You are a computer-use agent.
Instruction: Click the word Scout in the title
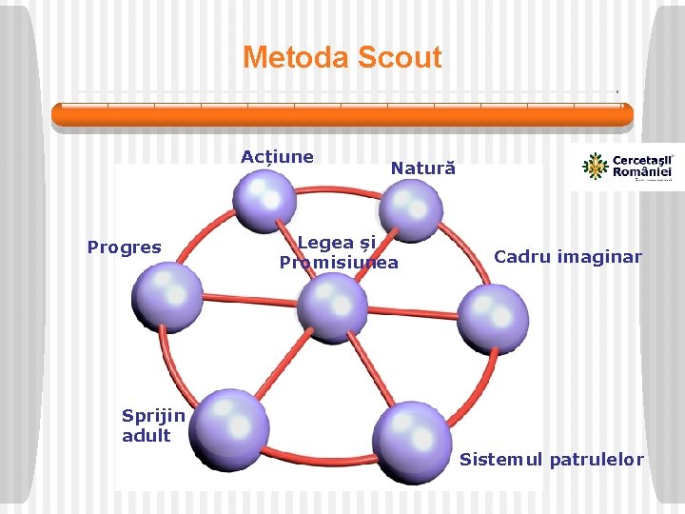point(400,57)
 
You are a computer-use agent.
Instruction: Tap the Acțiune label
point(277,157)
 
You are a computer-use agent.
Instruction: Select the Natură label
point(423,169)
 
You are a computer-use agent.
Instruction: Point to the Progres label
point(125,247)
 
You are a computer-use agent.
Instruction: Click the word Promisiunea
point(339,263)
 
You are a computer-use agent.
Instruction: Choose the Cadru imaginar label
point(568,257)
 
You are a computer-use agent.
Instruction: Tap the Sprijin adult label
point(152,425)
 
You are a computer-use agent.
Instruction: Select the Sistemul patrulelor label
point(552,461)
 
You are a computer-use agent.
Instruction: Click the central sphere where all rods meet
point(332,307)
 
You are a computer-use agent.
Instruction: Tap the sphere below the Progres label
point(166,297)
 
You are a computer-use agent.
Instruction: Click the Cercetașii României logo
point(626,167)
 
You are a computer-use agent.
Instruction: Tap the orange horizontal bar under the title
point(342,115)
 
